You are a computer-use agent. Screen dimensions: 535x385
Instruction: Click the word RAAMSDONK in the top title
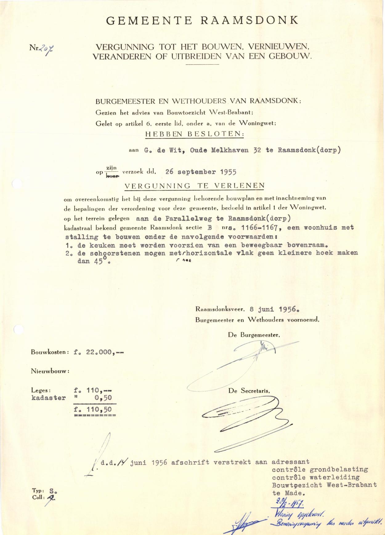[249, 20]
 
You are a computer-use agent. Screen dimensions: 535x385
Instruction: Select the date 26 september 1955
[201, 172]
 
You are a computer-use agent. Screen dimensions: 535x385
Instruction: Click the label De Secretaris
[249, 391]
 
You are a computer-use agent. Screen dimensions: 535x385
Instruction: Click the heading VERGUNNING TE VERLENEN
[194, 186]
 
